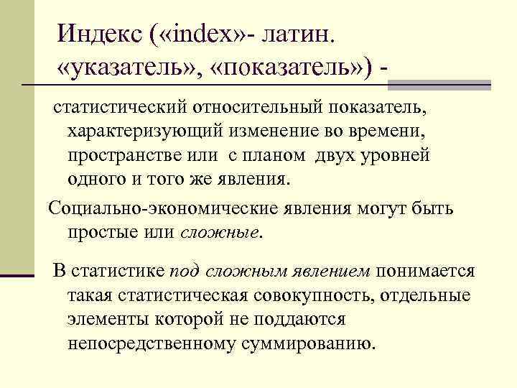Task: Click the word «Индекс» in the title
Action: point(101,33)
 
